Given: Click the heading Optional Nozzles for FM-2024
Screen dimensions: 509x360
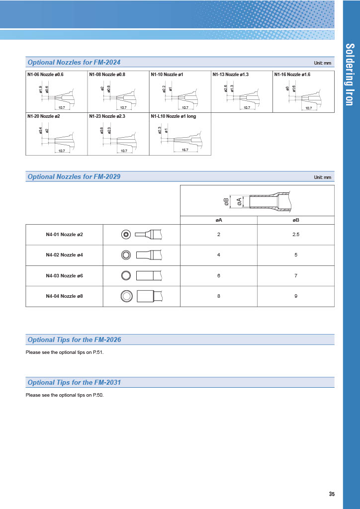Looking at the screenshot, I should click(x=74, y=63).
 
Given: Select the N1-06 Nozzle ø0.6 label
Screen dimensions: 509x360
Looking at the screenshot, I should click(x=46, y=75).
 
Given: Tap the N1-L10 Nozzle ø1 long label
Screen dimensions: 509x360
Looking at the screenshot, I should click(x=174, y=116).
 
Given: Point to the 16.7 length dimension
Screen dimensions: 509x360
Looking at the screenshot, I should click(x=184, y=150).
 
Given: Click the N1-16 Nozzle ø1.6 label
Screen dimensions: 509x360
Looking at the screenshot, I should click(x=292, y=75).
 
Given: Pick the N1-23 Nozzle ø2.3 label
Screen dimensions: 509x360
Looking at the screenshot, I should click(x=107, y=116).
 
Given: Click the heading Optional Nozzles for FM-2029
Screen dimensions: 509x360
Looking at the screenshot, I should click(x=74, y=177).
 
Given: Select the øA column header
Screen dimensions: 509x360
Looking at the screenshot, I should click(x=218, y=220).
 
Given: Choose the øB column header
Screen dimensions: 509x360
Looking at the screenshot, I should click(x=296, y=220).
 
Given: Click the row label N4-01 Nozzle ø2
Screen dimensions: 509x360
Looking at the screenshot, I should click(x=64, y=235).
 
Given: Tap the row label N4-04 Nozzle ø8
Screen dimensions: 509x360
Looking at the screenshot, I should click(x=64, y=297).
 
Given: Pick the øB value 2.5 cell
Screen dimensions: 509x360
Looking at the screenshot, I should click(x=296, y=235).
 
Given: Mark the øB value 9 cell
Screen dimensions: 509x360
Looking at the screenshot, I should click(x=296, y=297).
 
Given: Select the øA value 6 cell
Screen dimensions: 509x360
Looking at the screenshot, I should click(x=218, y=276).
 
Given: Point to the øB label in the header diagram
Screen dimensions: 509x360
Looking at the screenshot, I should click(x=226, y=201).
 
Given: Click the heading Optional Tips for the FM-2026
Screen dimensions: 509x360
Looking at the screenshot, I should click(x=75, y=340).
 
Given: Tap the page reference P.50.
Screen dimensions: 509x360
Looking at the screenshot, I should click(x=98, y=395).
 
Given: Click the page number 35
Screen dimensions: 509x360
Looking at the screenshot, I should click(x=332, y=494).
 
